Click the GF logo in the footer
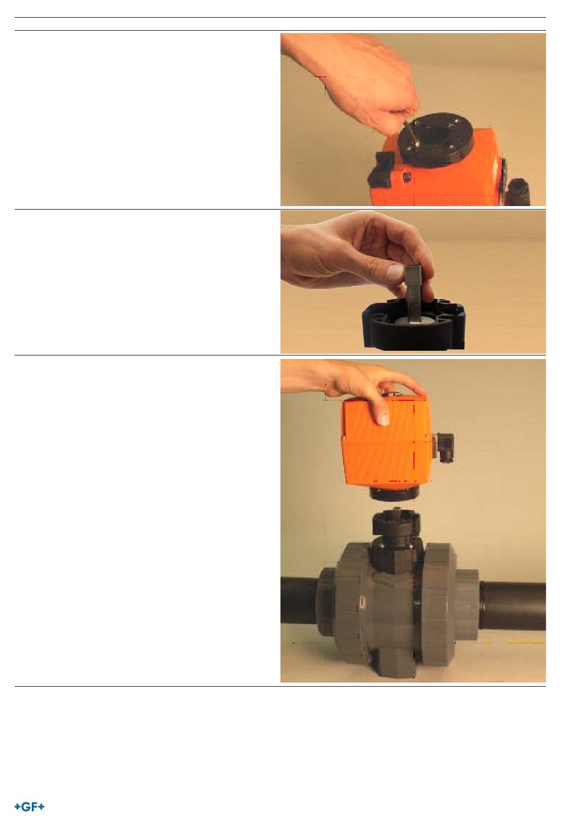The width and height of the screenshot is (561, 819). pyautogui.click(x=30, y=807)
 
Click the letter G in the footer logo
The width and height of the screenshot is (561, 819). pyautogui.click(x=25, y=807)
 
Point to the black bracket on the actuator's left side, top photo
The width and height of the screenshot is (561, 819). pyautogui.click(x=380, y=168)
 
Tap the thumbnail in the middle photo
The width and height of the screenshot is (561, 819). pyautogui.click(x=395, y=273)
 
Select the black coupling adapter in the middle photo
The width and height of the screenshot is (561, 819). pyautogui.click(x=413, y=325)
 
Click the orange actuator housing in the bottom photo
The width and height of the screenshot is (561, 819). pyautogui.click(x=387, y=442)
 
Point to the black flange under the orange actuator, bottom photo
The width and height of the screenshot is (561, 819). pyautogui.click(x=394, y=493)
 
